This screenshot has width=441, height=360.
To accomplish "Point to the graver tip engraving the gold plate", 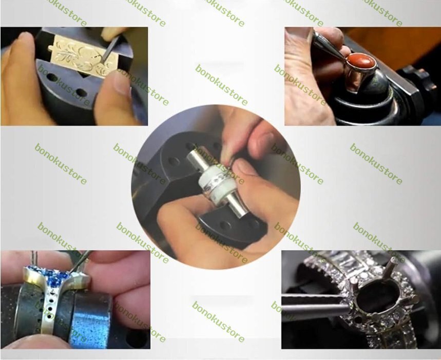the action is (102, 61).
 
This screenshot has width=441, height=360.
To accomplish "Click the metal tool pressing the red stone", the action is (331, 46).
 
